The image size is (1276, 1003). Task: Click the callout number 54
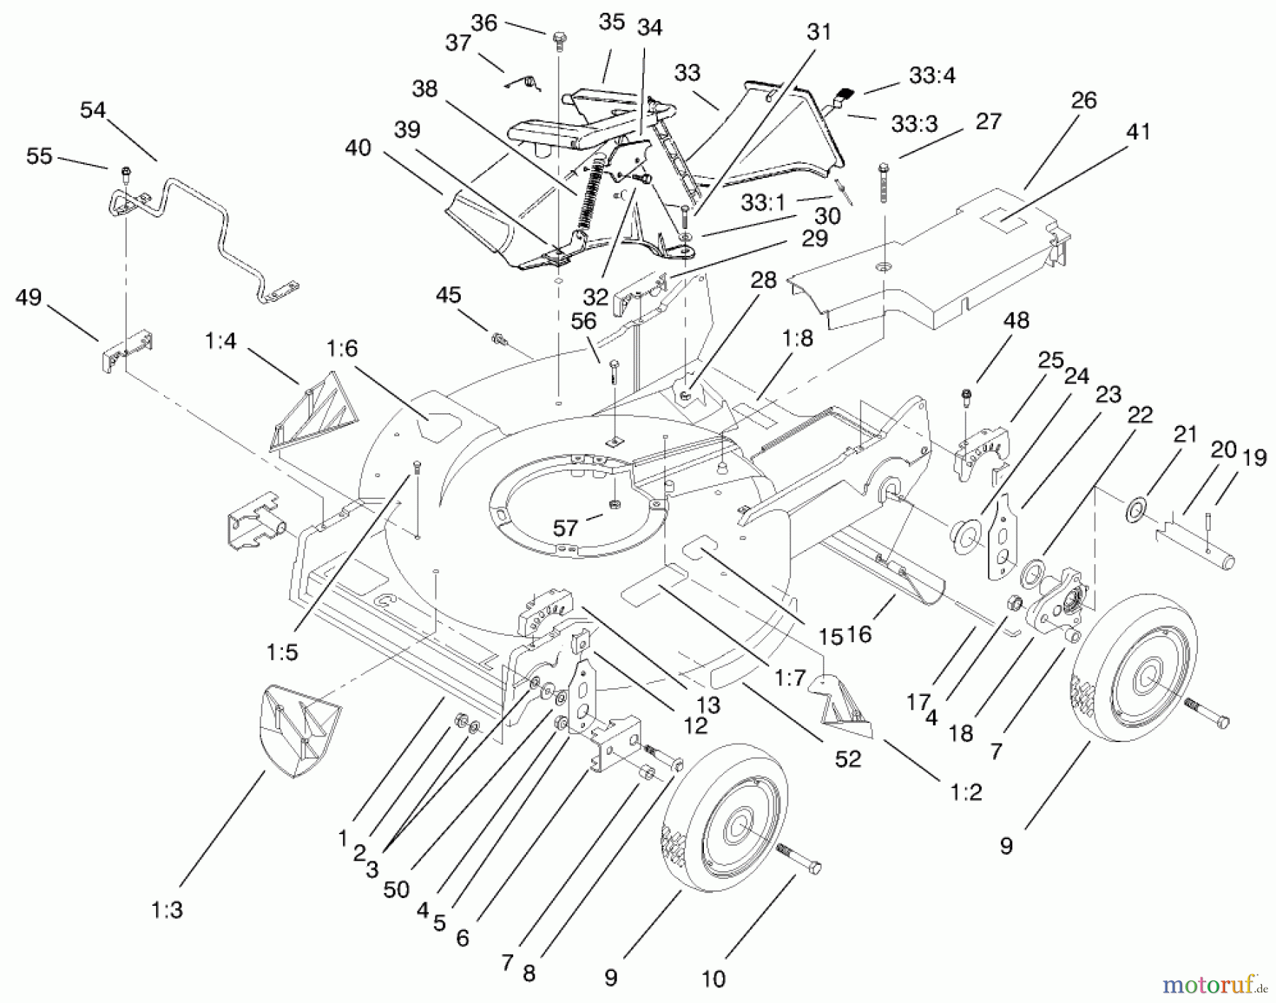(x=93, y=111)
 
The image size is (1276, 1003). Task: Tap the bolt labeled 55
(x=125, y=172)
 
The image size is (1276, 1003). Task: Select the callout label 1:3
(x=167, y=909)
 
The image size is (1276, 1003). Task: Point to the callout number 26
(x=1084, y=101)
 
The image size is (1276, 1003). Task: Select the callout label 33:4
(x=932, y=75)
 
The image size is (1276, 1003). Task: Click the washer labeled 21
(x=1136, y=509)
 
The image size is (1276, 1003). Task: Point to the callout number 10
(x=713, y=979)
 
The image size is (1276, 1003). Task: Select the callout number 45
(x=448, y=296)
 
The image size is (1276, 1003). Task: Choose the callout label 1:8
(x=797, y=338)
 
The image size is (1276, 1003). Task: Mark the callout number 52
(x=848, y=759)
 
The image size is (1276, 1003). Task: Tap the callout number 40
(x=358, y=148)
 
